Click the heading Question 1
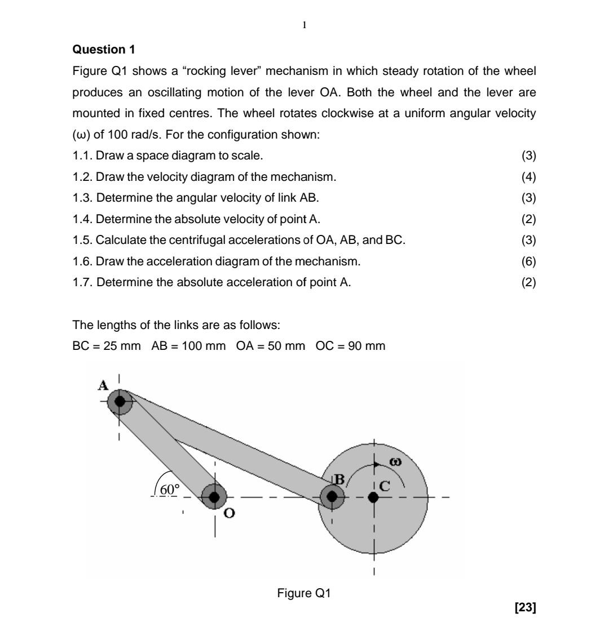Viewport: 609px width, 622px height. pos(104,50)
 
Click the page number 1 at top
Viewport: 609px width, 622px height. pos(304,25)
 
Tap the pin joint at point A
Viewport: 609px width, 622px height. pos(120,402)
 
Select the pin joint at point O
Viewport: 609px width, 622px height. pos(214,497)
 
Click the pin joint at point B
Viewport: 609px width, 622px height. pos(332,496)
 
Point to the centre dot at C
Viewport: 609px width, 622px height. pos(373,497)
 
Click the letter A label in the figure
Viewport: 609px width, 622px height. pos(103,386)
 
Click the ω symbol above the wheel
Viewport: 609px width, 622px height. pos(396,462)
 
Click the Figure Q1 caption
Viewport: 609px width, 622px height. pos(304,593)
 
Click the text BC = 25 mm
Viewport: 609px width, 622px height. pos(107,346)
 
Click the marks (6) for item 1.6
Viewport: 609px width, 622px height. pos(528,261)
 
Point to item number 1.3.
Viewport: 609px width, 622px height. pos(82,198)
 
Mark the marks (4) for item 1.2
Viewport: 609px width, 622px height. pos(528,177)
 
